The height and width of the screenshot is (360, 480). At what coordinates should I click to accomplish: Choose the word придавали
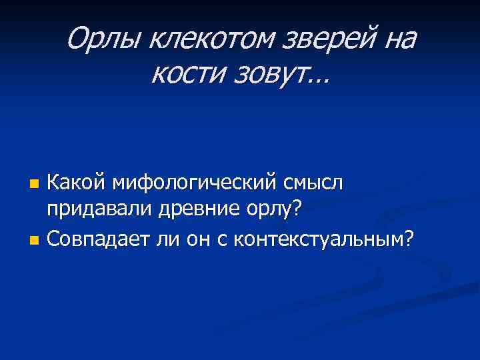(99, 209)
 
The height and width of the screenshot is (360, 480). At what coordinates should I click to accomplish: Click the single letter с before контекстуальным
(222, 239)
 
